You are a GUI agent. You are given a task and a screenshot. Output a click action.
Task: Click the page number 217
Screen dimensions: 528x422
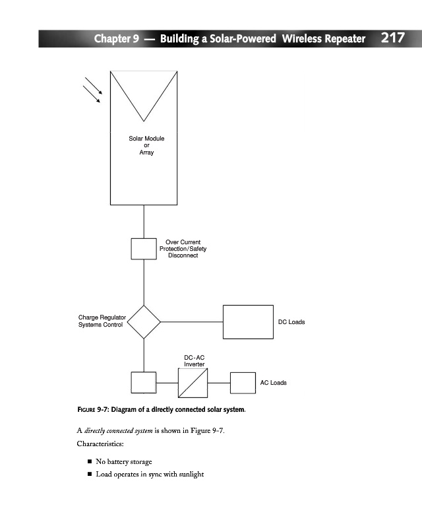coord(392,38)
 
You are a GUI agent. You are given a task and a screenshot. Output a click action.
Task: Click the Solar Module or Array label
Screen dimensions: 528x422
coord(146,145)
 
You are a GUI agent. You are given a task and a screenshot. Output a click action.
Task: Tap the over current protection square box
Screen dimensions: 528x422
coord(144,249)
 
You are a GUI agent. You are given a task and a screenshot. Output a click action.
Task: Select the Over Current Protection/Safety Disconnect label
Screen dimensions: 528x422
coord(183,249)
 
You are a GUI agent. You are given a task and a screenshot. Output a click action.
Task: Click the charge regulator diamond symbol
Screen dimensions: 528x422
coord(144,322)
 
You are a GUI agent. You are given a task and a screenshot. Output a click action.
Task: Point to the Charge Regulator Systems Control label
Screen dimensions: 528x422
coord(102,321)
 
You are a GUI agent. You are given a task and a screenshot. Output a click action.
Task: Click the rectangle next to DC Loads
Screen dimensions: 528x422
coord(248,322)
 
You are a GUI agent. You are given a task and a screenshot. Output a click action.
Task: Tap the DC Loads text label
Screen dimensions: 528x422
coord(291,322)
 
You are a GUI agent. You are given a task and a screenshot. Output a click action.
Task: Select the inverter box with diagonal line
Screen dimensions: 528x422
coord(193,383)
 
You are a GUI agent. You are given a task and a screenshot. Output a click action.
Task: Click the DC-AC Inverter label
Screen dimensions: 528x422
coord(195,360)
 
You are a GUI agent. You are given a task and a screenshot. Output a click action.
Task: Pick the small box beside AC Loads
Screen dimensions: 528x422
coord(242,383)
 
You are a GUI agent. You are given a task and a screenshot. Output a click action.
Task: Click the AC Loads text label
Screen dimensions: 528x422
coord(273,383)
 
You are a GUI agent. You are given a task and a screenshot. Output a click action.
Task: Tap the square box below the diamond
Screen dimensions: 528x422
coord(144,383)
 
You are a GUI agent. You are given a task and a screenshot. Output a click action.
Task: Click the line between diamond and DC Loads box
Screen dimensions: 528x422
coord(191,322)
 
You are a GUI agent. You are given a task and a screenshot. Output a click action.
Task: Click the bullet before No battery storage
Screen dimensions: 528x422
coord(88,461)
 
